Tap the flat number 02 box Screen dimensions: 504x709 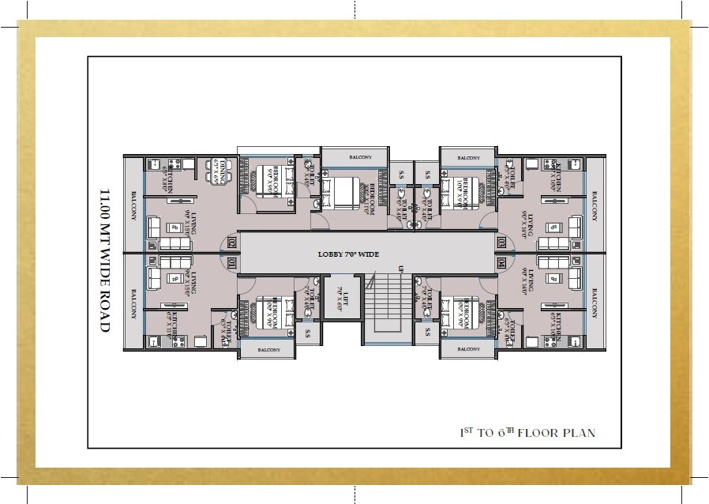click(231, 243)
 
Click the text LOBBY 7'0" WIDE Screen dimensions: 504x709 click(348, 254)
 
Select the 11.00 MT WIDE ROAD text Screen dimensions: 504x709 click(103, 260)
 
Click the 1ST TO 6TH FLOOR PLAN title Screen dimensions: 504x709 click(527, 433)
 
